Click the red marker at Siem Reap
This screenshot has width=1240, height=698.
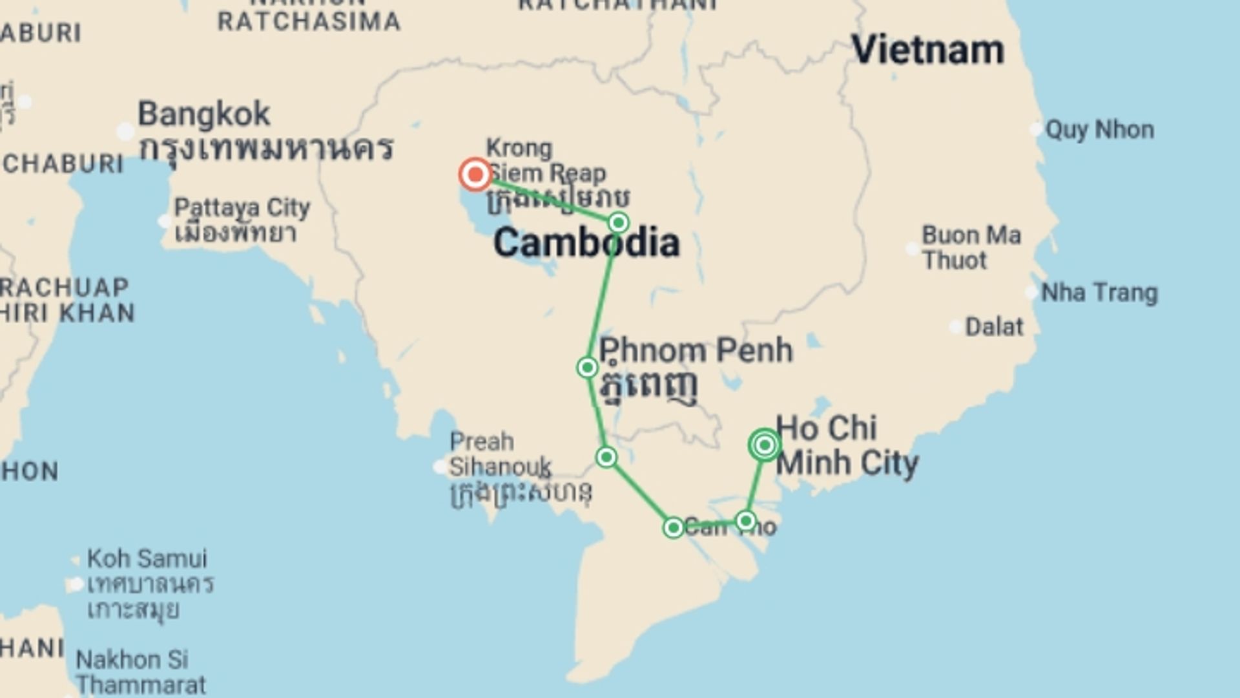476,174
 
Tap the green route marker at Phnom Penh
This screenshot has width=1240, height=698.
587,368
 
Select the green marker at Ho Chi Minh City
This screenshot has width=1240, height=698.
765,445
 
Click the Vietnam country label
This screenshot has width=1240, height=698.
928,50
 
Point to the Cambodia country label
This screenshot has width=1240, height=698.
586,244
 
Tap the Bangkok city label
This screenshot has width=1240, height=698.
204,114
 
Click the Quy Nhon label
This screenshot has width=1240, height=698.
1099,130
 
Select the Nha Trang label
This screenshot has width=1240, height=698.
1099,293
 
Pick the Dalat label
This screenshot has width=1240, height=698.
994,327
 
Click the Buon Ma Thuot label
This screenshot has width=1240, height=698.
971,248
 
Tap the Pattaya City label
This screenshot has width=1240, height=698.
242,208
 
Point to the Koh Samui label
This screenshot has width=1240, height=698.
147,558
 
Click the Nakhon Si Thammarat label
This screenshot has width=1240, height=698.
140,672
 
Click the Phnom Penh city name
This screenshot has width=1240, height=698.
696,351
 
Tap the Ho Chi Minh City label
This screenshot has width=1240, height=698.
846,446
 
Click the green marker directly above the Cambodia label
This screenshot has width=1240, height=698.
619,223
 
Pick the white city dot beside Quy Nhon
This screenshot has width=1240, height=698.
1035,129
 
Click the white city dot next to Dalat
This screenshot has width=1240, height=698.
955,327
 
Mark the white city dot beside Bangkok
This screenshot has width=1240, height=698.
125,132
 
